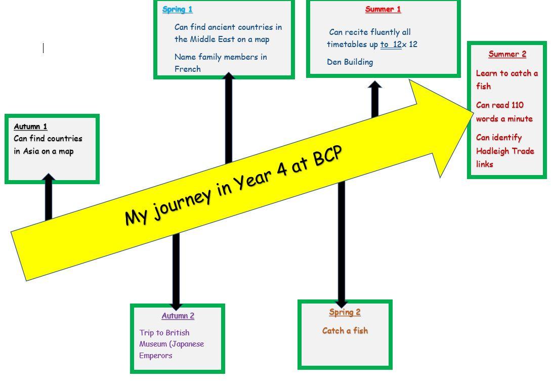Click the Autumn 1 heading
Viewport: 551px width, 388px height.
(30, 126)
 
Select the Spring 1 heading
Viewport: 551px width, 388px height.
(177, 9)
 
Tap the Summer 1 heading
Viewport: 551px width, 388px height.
(383, 9)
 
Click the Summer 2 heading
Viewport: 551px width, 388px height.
(507, 54)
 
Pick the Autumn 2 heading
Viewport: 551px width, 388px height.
(178, 316)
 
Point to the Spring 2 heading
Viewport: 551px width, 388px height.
(345, 312)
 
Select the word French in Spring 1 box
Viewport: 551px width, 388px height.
(187, 69)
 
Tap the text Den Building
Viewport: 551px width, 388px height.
(350, 62)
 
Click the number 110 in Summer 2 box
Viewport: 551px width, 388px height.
(517, 105)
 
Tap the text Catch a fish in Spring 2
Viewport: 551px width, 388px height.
(345, 331)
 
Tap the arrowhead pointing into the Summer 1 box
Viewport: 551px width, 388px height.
(374, 84)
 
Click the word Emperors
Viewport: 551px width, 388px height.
(156, 356)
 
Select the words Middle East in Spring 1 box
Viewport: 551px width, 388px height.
(211, 39)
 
